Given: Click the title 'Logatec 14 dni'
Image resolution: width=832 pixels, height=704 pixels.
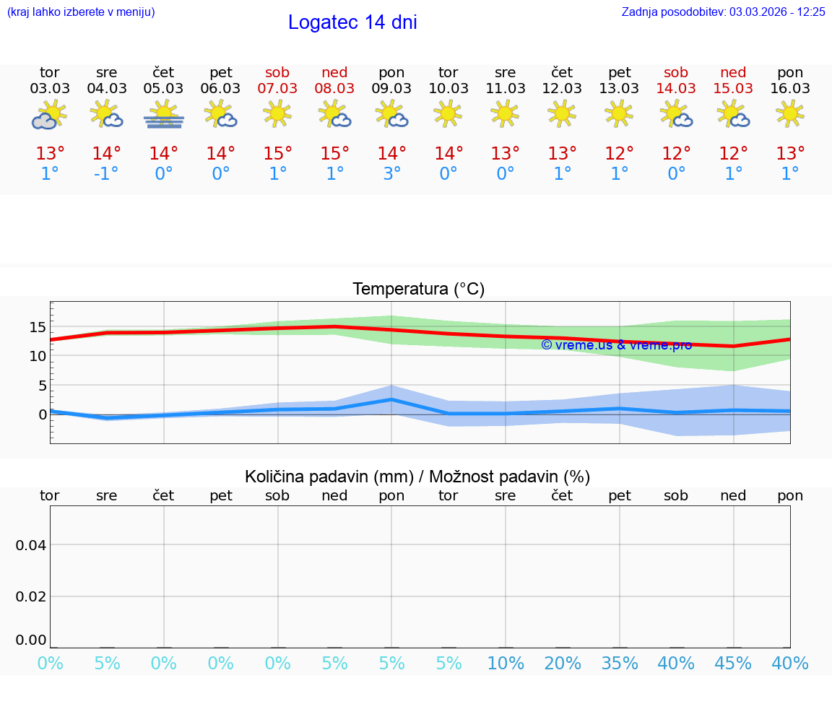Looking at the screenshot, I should click(x=352, y=22).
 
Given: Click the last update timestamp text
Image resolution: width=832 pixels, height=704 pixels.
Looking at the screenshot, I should click(x=723, y=12).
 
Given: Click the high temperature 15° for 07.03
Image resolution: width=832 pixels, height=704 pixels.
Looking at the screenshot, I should click(x=277, y=154).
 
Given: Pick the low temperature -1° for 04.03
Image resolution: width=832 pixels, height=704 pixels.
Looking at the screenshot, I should click(x=105, y=174).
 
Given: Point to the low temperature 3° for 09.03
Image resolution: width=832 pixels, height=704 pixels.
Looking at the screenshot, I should click(x=391, y=174).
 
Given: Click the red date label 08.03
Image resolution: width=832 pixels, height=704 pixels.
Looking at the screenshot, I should click(x=334, y=89).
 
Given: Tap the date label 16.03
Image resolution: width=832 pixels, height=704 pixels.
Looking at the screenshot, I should click(x=790, y=89).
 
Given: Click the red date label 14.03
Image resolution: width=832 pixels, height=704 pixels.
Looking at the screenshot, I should click(x=676, y=89).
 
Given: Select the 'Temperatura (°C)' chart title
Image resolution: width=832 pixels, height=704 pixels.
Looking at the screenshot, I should click(x=418, y=290).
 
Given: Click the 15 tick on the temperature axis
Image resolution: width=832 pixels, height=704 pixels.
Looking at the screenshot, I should click(x=38, y=327).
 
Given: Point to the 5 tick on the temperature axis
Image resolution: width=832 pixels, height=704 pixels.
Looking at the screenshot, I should click(x=42, y=386).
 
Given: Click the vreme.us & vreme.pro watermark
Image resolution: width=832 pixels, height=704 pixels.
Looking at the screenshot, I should click(x=616, y=345).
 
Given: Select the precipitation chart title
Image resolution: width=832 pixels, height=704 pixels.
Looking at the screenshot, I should click(x=417, y=477).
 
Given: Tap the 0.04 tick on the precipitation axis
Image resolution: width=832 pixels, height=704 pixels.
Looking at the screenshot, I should click(x=31, y=545).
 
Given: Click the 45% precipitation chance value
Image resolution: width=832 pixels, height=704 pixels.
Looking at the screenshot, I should click(x=733, y=663).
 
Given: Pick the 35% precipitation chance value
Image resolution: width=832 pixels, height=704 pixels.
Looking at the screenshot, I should click(x=619, y=663).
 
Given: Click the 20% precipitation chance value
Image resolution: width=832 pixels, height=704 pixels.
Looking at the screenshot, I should click(x=562, y=663).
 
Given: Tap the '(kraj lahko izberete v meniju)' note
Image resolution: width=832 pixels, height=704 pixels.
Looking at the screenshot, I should click(x=80, y=12).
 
